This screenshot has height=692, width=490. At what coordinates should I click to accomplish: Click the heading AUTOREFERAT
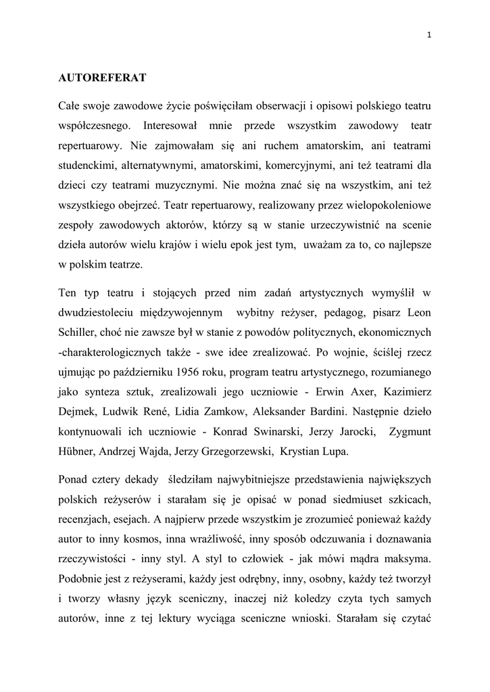coord(102,78)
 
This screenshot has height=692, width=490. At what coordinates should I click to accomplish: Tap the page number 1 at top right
coord(429,36)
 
